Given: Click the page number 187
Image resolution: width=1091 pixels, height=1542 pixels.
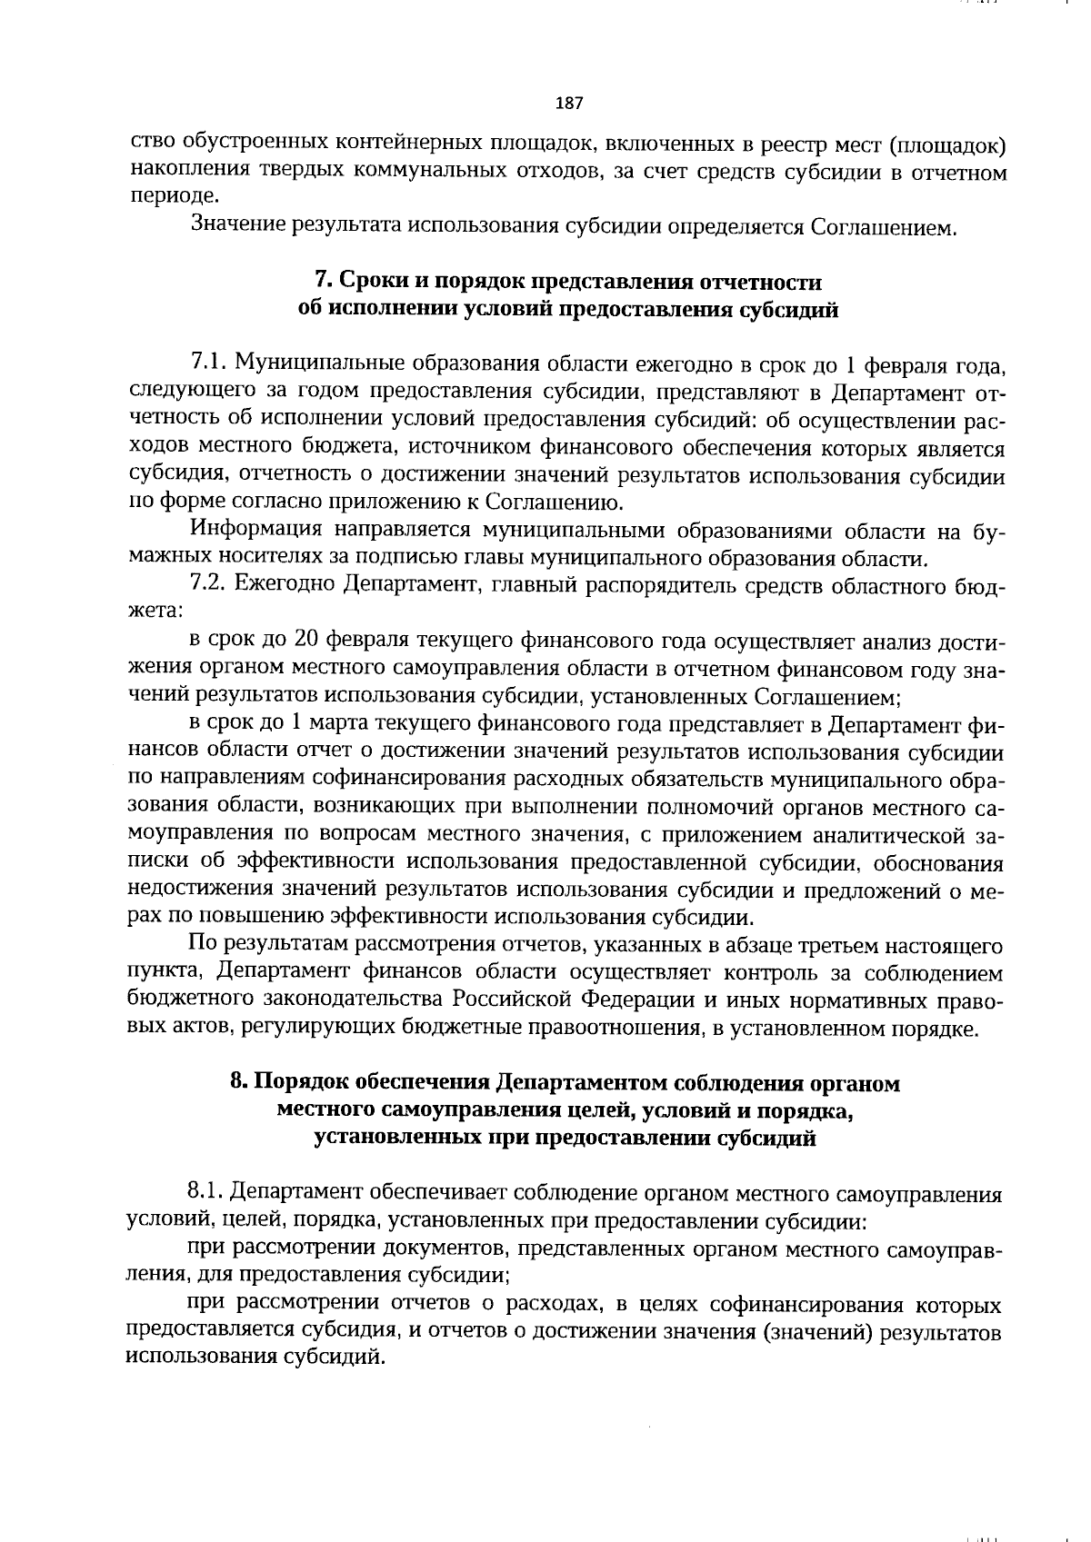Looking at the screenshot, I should coord(568,103).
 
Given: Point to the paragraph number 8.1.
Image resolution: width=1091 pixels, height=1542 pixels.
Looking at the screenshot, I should coord(207,1191).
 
